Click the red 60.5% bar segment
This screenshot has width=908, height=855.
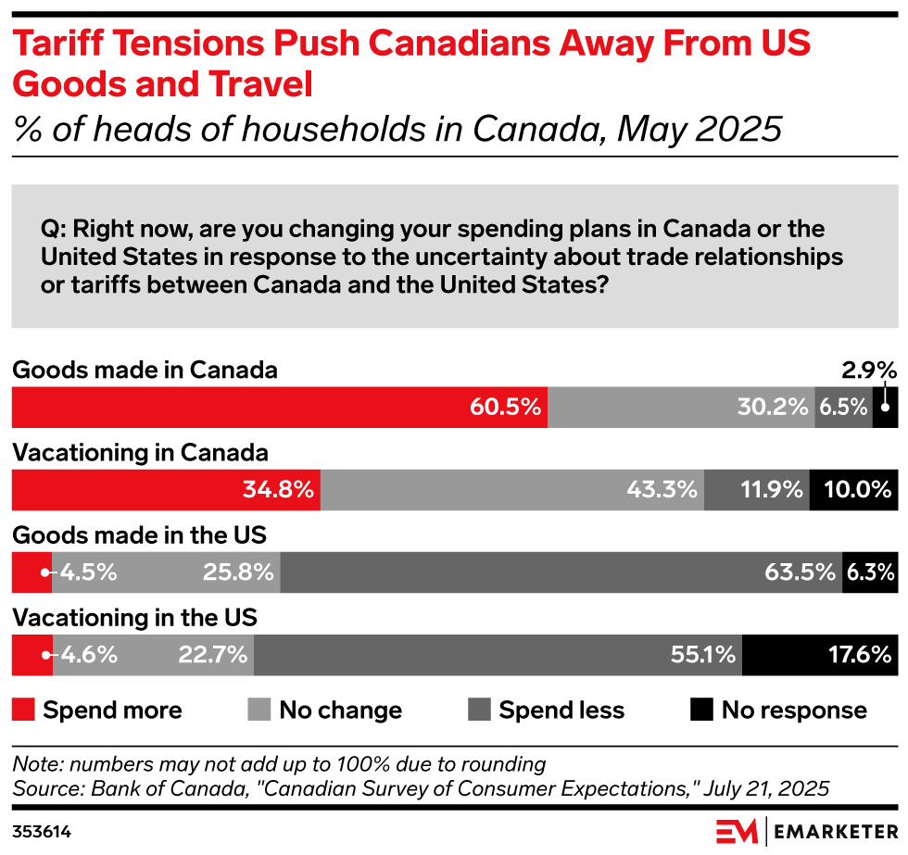click(278, 408)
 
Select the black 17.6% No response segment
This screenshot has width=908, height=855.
click(819, 655)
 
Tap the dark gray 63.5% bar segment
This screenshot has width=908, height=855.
click(561, 572)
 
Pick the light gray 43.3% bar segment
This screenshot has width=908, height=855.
click(511, 490)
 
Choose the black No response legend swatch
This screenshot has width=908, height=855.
click(701, 710)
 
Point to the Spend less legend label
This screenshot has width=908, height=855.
click(561, 710)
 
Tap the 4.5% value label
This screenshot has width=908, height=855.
click(89, 572)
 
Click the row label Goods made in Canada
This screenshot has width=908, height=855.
click(145, 371)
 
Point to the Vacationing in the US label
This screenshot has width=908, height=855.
click(134, 617)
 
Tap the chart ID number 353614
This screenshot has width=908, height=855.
click(42, 832)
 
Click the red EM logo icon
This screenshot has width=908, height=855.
click(738, 831)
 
